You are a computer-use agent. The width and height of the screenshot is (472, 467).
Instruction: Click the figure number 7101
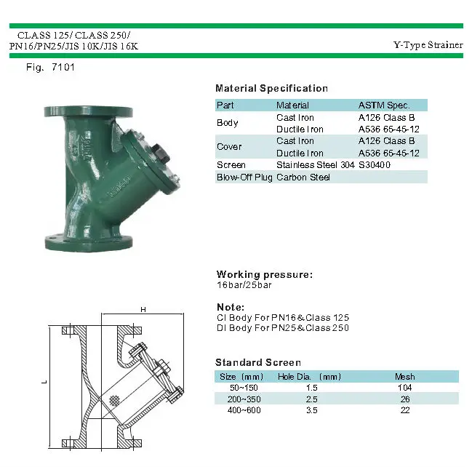click(x=63, y=67)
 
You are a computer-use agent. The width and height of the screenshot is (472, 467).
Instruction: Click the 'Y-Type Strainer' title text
click(x=428, y=45)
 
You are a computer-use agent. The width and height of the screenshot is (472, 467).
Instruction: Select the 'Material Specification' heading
click(x=271, y=88)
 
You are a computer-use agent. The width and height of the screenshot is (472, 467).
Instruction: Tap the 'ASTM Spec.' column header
click(x=384, y=105)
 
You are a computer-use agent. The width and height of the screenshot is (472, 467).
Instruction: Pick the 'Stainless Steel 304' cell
click(x=315, y=165)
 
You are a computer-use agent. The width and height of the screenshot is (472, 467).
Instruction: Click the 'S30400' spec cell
click(x=375, y=165)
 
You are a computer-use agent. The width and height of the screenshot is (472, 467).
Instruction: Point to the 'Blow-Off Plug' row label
click(x=244, y=177)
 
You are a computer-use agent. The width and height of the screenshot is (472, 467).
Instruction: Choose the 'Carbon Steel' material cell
click(x=303, y=177)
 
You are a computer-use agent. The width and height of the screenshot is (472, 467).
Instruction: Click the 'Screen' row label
click(x=231, y=165)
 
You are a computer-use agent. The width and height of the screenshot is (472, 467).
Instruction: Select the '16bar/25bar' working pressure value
click(x=244, y=285)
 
